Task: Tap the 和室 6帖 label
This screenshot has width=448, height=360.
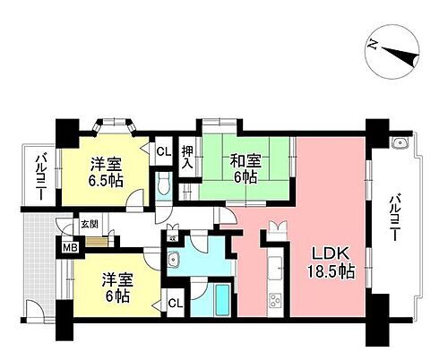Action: click(243, 168)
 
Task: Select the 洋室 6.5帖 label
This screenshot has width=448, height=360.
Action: click(107, 171)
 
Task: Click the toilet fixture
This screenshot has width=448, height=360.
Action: click(161, 184)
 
